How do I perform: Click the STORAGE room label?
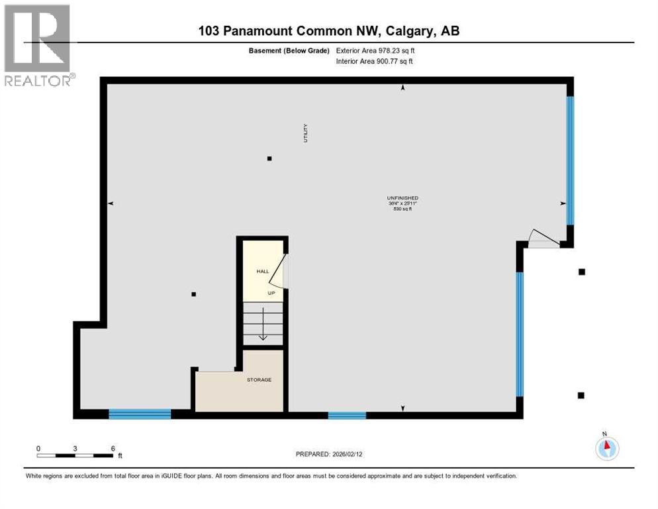click(259, 380)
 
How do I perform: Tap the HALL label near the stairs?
click(262, 272)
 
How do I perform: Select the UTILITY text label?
click(306, 133)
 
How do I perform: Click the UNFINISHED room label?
click(402, 198)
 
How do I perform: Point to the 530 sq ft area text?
click(402, 209)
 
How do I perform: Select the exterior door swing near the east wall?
click(543, 239)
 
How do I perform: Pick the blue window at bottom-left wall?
click(140, 414)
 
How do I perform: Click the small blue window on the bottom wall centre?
click(347, 416)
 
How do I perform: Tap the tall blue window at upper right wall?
click(570, 160)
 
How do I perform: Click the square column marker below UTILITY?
click(269, 158)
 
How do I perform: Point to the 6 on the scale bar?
click(113, 448)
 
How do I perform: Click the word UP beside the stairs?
click(262, 292)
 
